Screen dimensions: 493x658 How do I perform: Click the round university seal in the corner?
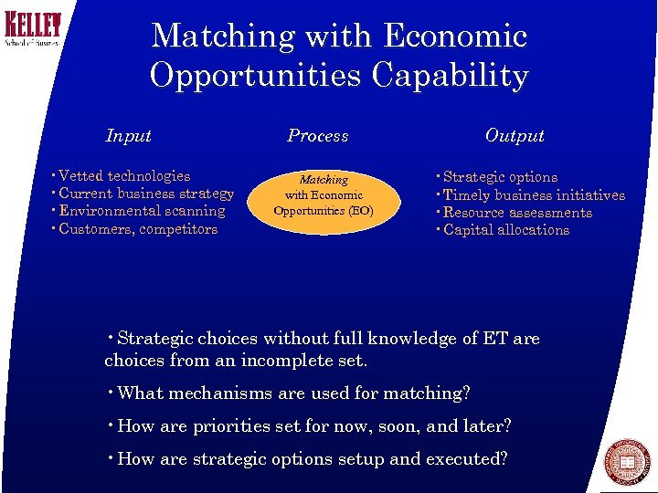(x=629, y=462)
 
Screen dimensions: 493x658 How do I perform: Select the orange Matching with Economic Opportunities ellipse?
(x=324, y=195)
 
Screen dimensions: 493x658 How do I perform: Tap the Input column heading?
(x=128, y=136)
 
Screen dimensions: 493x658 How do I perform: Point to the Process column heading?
(x=317, y=136)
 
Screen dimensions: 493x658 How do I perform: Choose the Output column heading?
(x=515, y=136)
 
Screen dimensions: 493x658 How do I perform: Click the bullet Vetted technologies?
(x=124, y=176)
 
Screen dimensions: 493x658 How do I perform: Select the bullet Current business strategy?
(x=146, y=194)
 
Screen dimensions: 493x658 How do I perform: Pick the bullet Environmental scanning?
(x=142, y=211)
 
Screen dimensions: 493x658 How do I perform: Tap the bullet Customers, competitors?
(x=138, y=229)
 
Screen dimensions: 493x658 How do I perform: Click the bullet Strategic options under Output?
(x=500, y=177)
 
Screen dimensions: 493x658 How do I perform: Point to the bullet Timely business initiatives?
(x=534, y=195)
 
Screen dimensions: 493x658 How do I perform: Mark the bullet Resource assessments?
(x=517, y=213)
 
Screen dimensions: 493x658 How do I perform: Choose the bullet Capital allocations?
(x=505, y=230)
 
